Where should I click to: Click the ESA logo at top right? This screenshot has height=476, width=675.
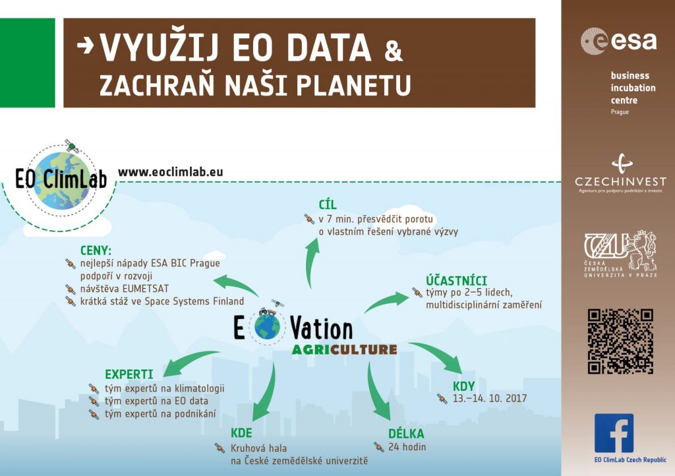[x=618, y=41]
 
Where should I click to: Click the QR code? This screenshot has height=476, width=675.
[x=620, y=342]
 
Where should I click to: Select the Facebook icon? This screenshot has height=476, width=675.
[x=614, y=433]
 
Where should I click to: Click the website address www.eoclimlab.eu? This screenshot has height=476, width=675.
[x=171, y=171]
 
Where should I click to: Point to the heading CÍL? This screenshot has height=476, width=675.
[x=328, y=204]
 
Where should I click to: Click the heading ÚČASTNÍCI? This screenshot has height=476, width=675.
[x=456, y=281]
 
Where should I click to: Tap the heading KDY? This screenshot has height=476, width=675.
[x=463, y=386]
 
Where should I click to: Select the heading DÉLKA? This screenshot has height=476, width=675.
[x=406, y=433]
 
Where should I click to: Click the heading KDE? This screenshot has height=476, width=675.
[x=241, y=432]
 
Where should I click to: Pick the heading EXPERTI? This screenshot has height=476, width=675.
[x=129, y=374]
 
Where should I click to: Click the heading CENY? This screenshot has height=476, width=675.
[x=96, y=250]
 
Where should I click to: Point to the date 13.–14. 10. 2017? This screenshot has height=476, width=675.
[x=490, y=398]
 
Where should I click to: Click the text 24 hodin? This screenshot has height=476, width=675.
[x=407, y=447]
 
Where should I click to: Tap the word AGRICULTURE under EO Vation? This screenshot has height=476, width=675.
[x=344, y=349]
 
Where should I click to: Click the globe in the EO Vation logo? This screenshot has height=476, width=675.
[x=268, y=327]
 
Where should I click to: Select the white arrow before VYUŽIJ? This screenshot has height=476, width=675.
[x=85, y=45]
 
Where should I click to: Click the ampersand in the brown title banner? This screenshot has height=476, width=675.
[x=393, y=51]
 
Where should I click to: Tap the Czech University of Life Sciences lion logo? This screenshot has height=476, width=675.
[x=620, y=254]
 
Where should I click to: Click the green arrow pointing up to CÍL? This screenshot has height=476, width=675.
[x=311, y=262]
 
